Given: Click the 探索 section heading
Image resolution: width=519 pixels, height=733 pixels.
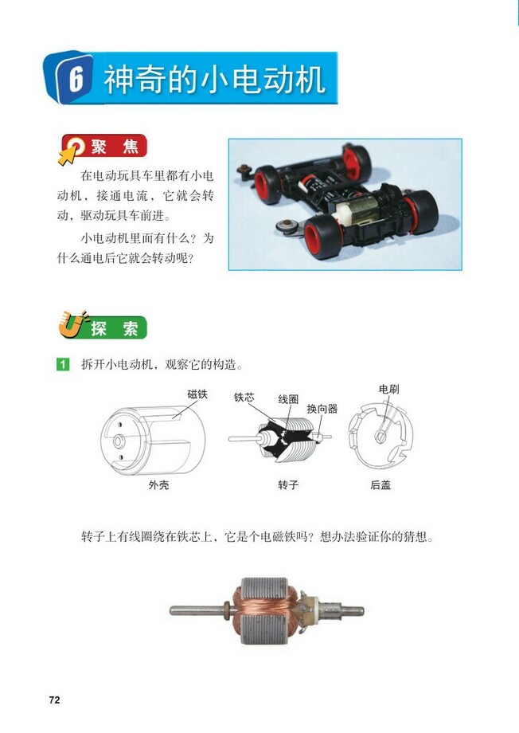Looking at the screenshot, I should point(115,327).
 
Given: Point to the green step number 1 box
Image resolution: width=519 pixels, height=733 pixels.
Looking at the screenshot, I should point(63,365).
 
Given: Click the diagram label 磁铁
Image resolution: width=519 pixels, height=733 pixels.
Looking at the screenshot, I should point(197,394).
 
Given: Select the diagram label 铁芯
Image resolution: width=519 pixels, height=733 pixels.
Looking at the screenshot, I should point(244,397).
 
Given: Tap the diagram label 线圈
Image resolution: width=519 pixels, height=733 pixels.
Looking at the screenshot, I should point(288,398).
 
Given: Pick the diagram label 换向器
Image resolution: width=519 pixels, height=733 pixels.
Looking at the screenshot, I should point(322,409).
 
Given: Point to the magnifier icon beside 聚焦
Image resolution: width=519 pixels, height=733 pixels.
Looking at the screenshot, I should point(74,148).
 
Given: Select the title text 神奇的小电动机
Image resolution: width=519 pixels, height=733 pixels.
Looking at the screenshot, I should point(214,80).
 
